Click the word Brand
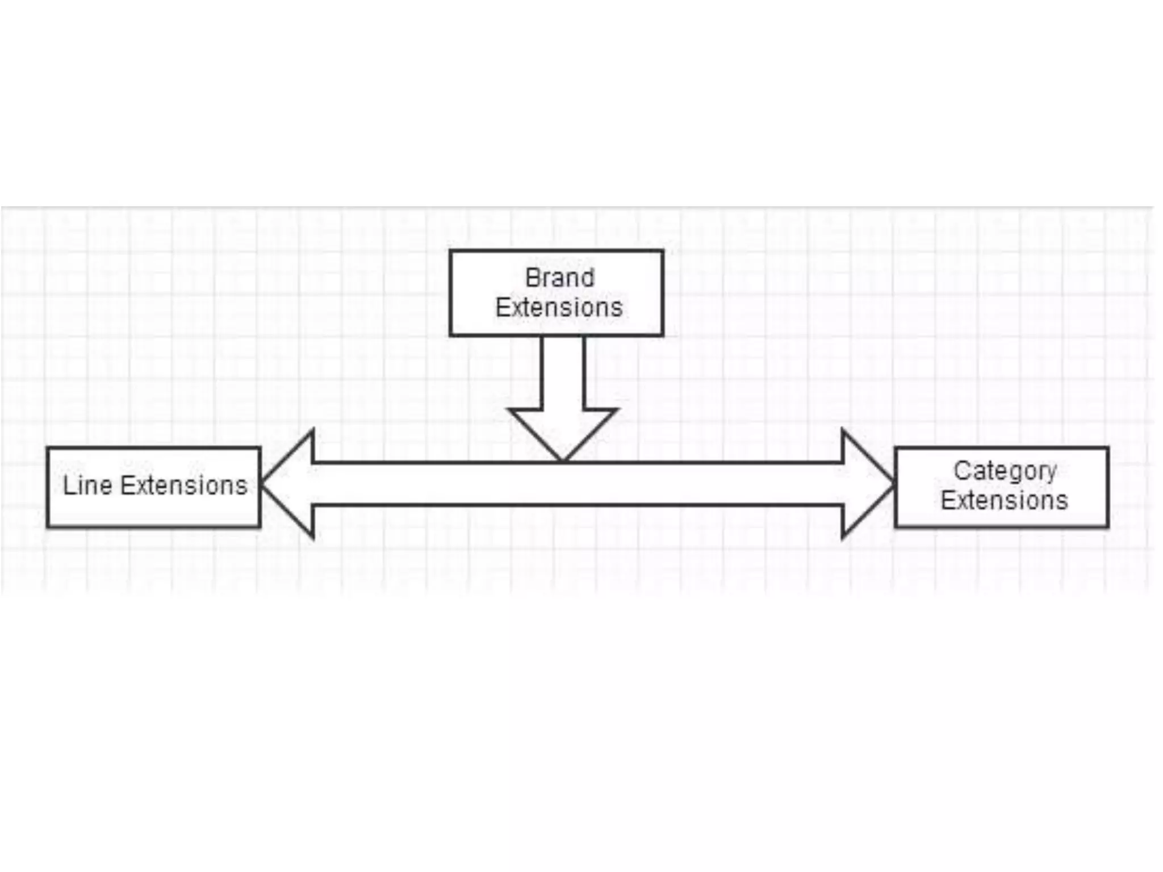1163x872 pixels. (559, 278)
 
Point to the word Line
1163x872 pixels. (87, 485)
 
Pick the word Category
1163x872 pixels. (1005, 471)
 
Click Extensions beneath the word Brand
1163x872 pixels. (559, 308)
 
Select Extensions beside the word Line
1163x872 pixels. (184, 485)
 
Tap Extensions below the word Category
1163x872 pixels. (1004, 500)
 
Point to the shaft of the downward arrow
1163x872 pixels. (563, 372)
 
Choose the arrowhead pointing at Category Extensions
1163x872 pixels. (866, 484)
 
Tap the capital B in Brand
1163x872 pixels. (533, 278)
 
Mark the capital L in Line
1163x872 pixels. (68, 485)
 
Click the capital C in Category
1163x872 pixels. (961, 471)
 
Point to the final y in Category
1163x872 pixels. (1051, 473)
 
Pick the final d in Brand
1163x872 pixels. (588, 278)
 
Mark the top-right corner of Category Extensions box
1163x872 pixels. (1107, 448)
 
